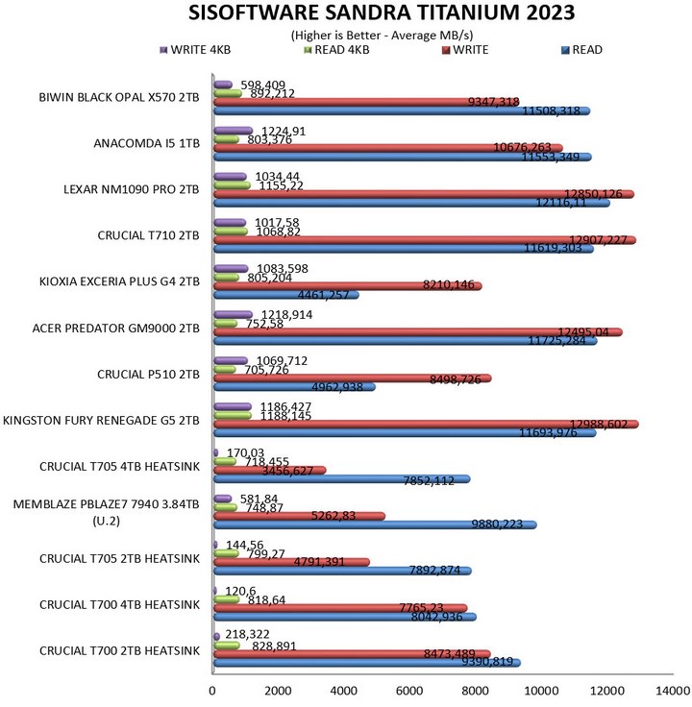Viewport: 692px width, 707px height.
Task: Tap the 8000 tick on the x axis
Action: click(x=476, y=691)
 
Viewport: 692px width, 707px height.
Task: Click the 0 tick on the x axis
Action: click(x=212, y=691)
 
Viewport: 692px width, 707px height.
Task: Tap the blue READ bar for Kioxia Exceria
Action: click(x=285, y=295)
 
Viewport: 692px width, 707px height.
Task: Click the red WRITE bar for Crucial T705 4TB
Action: click(x=269, y=470)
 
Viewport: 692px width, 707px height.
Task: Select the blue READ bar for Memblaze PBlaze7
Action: click(x=374, y=524)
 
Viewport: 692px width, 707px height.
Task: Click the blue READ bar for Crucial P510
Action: click(x=293, y=387)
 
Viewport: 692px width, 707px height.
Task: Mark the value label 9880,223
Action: click(x=495, y=524)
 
